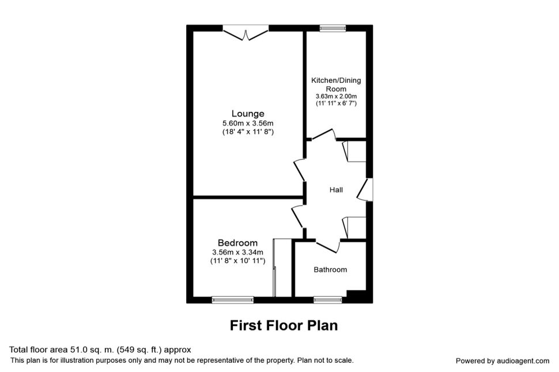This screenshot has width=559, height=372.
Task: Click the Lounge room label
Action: (248, 113)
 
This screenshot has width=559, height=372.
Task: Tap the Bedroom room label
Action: (238, 243)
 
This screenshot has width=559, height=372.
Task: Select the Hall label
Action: (336, 190)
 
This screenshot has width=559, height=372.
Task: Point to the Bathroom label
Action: (330, 269)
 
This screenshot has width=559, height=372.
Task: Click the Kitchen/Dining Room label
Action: (336, 85)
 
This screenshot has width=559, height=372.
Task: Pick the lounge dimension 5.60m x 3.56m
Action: (248, 124)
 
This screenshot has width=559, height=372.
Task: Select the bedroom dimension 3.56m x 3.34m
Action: (238, 252)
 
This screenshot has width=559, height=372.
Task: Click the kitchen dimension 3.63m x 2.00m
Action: (336, 96)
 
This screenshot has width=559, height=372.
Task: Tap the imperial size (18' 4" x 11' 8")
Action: (248, 132)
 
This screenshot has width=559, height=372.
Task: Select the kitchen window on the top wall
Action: (333, 29)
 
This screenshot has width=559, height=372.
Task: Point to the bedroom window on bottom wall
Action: (233, 299)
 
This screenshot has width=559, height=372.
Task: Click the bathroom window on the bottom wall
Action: (328, 299)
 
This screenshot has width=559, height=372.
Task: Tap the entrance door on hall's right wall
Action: (365, 189)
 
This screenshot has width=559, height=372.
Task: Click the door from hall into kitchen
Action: (324, 135)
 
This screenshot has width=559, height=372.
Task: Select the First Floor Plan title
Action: (284, 325)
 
